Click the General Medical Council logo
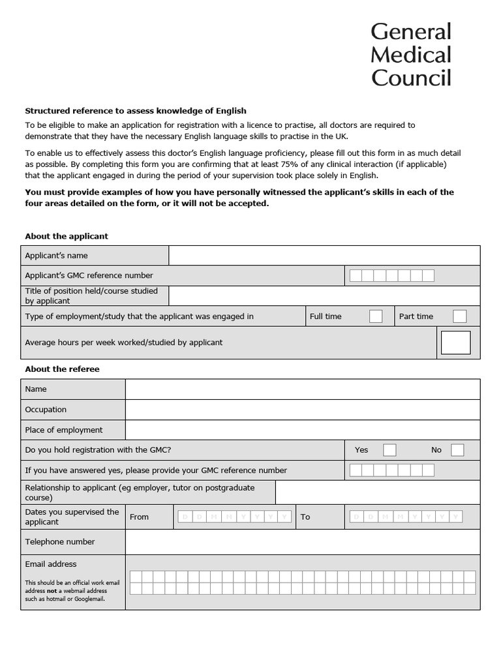point(411,55)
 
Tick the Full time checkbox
point(376,316)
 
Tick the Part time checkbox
point(460,316)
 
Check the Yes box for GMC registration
point(389,450)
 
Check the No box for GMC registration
point(457,450)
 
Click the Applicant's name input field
point(324,256)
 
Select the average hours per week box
point(455,342)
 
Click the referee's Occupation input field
point(302,410)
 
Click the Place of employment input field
point(302,430)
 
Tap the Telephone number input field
point(302,541)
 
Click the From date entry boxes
point(234,517)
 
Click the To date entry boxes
point(406,517)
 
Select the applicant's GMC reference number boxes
point(391,276)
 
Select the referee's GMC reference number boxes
point(391,470)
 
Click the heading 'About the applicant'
point(67,236)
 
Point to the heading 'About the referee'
point(62,369)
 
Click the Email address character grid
point(302,583)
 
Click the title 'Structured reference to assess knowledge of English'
point(136,111)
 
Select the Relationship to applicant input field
point(377,493)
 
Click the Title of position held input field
point(324,296)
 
